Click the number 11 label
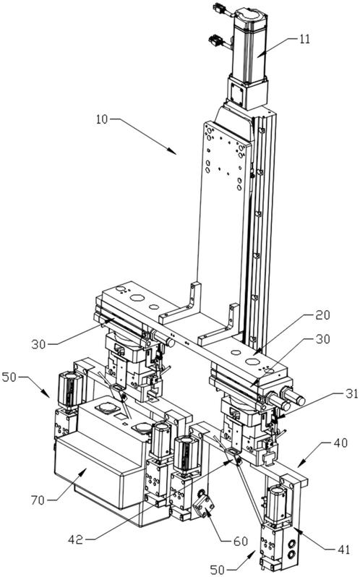pos(304,39)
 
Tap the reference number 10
pos(102,119)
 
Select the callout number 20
pos(322,315)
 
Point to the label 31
pos(351,393)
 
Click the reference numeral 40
pos(341,443)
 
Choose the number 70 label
pos(38,500)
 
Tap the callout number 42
pos(75,539)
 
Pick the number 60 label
pos(241,541)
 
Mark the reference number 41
pos(344,550)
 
